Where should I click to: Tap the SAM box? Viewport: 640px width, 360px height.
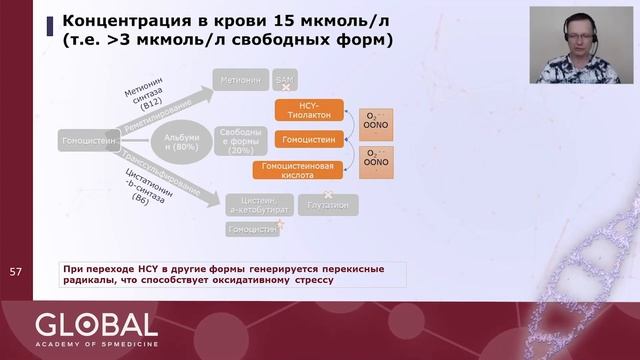(x=285, y=78)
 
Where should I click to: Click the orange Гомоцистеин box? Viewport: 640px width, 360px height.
(x=308, y=138)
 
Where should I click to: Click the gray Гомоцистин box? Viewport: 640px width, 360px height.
(x=252, y=229)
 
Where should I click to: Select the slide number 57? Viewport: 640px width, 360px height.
(x=15, y=272)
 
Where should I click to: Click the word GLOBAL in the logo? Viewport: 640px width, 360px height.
(x=96, y=324)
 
